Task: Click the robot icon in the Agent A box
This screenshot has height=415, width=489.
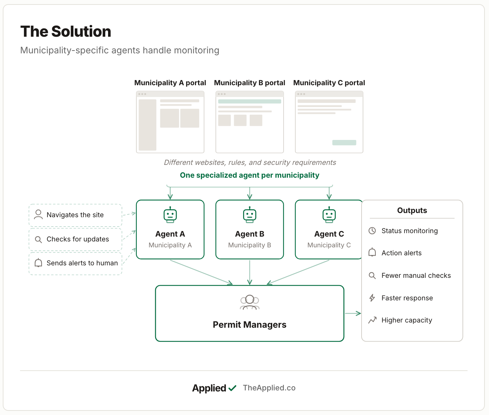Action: click(170, 215)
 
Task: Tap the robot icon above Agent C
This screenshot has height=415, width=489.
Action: click(329, 215)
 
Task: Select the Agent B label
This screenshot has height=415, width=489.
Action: click(250, 234)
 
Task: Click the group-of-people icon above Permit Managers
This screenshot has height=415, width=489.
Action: click(250, 302)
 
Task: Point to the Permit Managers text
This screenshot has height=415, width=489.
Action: click(250, 325)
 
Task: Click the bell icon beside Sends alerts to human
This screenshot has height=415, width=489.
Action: click(38, 263)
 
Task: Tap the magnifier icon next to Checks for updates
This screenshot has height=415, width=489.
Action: click(38, 239)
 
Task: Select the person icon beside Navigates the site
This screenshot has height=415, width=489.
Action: click(38, 214)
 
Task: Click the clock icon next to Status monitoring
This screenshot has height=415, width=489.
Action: click(372, 231)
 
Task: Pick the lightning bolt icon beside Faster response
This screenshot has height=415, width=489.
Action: click(372, 298)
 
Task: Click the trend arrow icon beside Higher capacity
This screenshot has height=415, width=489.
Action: click(372, 320)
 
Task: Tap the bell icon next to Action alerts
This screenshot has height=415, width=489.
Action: click(372, 252)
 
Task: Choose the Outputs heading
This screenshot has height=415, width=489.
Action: click(412, 210)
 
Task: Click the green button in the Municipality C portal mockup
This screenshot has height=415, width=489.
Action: click(344, 142)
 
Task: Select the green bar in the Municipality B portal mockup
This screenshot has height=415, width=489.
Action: click(250, 101)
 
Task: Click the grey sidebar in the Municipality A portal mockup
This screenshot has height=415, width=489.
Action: click(148, 125)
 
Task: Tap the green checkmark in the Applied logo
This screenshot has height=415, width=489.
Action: click(232, 388)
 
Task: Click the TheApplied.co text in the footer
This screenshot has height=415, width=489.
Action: click(269, 388)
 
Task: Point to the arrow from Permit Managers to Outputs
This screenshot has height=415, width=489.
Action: click(353, 314)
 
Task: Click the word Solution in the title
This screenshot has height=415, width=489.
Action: click(81, 32)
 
